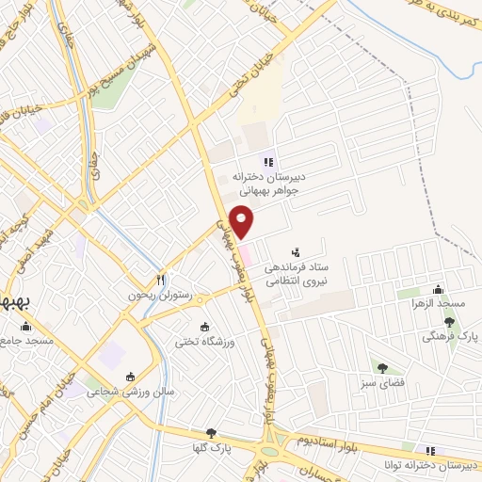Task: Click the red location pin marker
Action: tap(243, 220)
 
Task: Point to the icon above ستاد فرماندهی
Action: tap(297, 252)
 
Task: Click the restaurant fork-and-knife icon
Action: tap(161, 280)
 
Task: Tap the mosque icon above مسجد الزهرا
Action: tap(437, 290)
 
